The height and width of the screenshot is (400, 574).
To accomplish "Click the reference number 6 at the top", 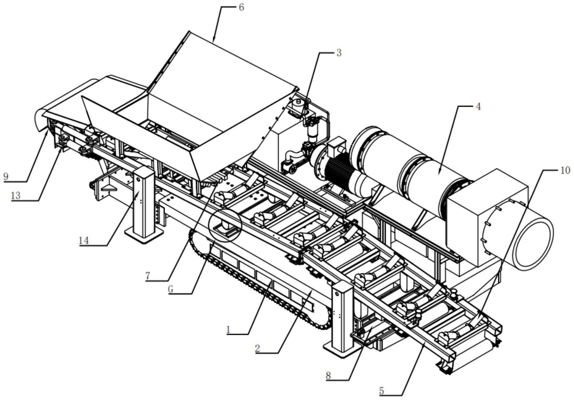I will coord(241,7).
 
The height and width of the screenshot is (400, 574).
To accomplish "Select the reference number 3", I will coord(338,53).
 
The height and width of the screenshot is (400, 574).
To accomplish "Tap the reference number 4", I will coord(478,107).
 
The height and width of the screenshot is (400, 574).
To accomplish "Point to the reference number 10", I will coord(565,170).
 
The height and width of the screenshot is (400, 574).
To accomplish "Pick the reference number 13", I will coord(15,195).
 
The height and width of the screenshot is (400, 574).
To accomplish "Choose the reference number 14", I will coord(84,240).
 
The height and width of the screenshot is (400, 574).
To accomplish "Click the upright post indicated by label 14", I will coord(144,202).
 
